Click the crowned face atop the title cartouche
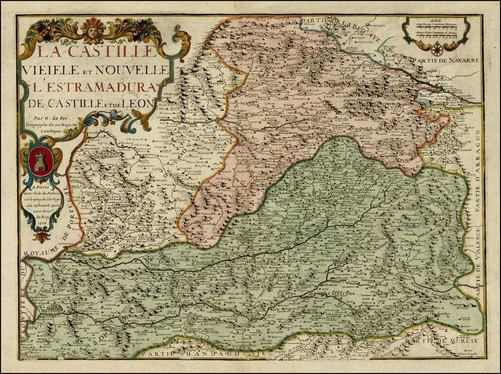[93, 29]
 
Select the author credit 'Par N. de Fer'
[47, 117]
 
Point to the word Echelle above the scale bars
[436, 21]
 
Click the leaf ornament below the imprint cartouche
[41, 237]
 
